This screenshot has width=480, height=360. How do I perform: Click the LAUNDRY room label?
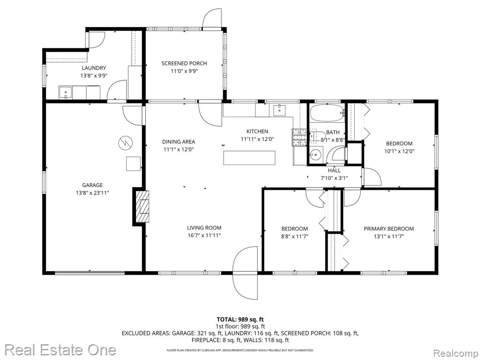(x=94, y=68)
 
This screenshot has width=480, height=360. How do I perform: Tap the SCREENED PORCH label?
(x=184, y=63)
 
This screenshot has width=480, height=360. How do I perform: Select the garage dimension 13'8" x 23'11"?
(x=92, y=193)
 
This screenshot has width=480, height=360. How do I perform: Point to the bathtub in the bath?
(x=327, y=114)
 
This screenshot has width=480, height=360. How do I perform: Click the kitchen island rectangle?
(x=249, y=158)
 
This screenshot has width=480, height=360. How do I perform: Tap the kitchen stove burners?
(x=299, y=137)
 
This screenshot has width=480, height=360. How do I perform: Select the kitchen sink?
(x=279, y=110)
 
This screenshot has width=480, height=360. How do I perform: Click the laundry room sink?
(x=65, y=93)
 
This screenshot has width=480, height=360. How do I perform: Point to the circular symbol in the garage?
(x=126, y=142)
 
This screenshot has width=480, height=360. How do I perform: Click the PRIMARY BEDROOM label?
(x=389, y=229)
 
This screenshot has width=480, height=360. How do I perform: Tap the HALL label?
(x=334, y=171)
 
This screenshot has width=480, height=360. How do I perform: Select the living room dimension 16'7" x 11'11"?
(x=204, y=235)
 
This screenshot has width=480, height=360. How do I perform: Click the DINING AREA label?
(x=179, y=142)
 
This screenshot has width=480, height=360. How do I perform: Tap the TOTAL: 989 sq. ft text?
(x=240, y=320)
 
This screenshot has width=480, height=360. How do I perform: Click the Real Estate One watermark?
(x=60, y=350)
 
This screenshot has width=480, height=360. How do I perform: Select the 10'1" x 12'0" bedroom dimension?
(x=399, y=151)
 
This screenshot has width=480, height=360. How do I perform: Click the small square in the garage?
(x=134, y=164)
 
